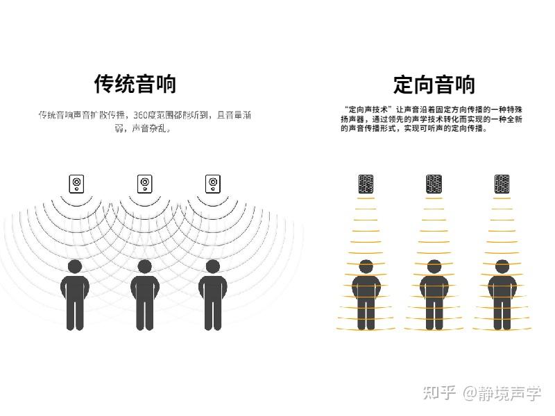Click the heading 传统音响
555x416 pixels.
pos(135,84)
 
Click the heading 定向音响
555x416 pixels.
pos(434,85)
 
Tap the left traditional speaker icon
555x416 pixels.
pos(76,184)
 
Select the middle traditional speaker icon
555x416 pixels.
pos(144,184)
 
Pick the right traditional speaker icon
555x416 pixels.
pos(213,184)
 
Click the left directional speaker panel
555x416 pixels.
pos(366,184)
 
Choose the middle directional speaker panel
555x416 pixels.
pos(434,184)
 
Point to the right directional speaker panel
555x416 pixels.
pos(502,184)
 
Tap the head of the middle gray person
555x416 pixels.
pos(144,266)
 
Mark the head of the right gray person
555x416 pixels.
pos(213,266)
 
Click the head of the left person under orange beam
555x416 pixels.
pos(366,267)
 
